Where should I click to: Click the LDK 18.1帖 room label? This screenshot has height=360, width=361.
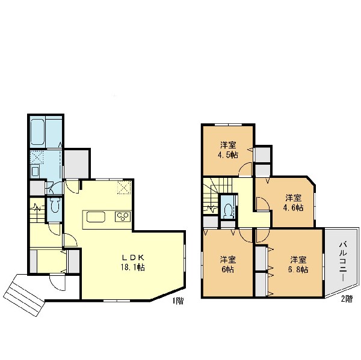(x=133, y=262)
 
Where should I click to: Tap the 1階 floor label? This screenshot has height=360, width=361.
(x=178, y=301)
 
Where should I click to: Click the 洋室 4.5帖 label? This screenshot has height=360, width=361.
(x=228, y=150)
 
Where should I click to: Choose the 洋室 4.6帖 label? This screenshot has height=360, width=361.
(x=293, y=203)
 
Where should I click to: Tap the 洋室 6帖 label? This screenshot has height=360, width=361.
(x=227, y=264)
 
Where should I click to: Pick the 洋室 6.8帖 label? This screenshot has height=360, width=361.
(x=298, y=264)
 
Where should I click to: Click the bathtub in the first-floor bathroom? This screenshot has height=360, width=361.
(x=37, y=132)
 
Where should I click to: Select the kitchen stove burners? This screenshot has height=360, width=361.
(x=123, y=216)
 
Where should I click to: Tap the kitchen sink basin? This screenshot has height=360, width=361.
(x=96, y=217)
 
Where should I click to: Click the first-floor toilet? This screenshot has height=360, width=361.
(x=55, y=206)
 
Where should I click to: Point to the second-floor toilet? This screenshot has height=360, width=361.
(x=227, y=210)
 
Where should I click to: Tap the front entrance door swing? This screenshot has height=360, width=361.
(x=58, y=282)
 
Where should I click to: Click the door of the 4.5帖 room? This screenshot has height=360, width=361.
(x=245, y=169)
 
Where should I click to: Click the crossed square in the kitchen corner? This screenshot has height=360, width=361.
(x=124, y=188)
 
